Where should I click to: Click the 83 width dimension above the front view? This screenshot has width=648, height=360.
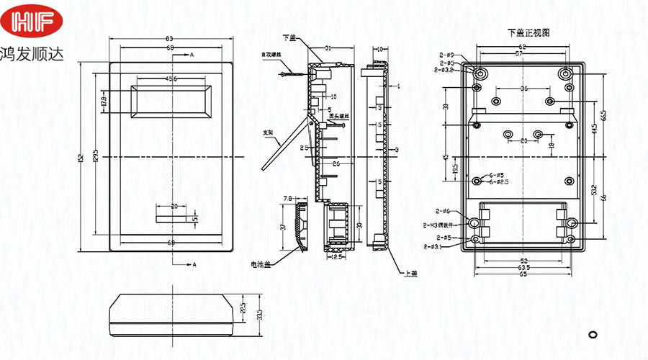click(x=170, y=38)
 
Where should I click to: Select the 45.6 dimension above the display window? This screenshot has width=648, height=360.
click(x=171, y=78)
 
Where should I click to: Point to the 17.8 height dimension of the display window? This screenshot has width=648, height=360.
click(x=104, y=101)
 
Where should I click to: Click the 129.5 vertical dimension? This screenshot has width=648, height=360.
click(x=96, y=156)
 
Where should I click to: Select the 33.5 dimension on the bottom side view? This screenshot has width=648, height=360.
click(x=258, y=314)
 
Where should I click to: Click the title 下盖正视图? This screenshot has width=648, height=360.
click(x=528, y=32)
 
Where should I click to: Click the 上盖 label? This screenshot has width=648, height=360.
click(x=411, y=273)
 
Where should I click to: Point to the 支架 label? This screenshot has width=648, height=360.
click(x=268, y=132)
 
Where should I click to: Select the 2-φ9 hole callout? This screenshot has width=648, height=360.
click(x=446, y=56)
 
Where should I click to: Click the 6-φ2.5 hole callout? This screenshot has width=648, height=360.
click(x=499, y=182)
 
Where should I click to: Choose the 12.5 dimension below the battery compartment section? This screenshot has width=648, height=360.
click(x=336, y=256)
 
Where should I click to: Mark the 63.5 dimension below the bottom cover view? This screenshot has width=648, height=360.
click(x=523, y=268)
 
